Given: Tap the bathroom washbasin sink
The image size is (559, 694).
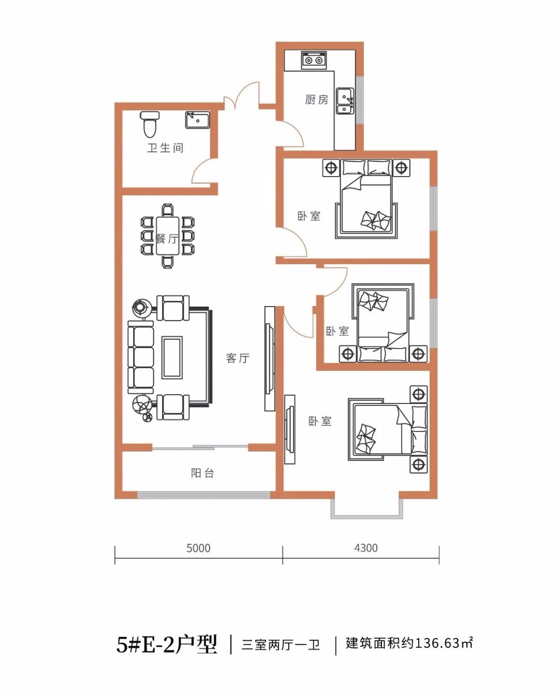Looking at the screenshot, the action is [x=197, y=120].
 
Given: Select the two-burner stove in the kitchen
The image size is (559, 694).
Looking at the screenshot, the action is [x=314, y=60].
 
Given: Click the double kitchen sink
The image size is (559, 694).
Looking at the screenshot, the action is [x=345, y=101].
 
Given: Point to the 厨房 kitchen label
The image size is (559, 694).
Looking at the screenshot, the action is [x=317, y=99].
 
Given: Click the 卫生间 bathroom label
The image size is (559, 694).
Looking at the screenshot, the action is [x=165, y=148].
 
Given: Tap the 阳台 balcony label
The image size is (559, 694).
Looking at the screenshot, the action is [x=202, y=473].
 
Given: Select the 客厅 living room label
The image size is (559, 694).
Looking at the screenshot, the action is [x=238, y=358].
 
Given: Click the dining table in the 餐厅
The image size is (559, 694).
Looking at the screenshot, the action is [x=167, y=236].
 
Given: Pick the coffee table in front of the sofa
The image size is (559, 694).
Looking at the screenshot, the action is [x=172, y=357].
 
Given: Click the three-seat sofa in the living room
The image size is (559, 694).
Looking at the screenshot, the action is [x=141, y=357].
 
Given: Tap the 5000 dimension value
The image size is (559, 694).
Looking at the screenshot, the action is [x=198, y=548].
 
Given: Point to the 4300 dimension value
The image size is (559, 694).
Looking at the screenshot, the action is [x=366, y=548].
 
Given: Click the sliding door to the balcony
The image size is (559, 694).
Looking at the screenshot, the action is [x=200, y=447].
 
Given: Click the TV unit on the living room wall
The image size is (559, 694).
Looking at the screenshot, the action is [x=270, y=358].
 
